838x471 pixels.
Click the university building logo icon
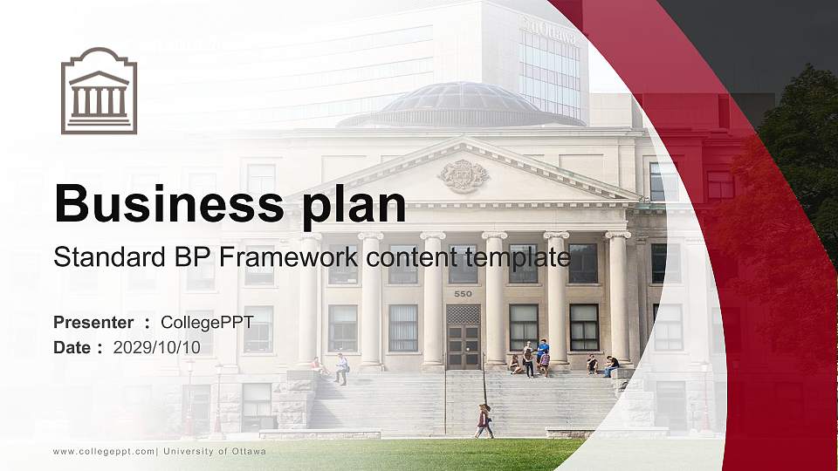(99, 91)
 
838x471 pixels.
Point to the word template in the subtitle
(514, 257)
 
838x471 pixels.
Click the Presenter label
(93, 323)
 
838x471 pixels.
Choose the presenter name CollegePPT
(207, 323)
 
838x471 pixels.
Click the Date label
(72, 347)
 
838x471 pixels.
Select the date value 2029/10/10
(156, 347)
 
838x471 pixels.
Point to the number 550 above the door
(463, 294)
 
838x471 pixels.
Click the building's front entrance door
(463, 337)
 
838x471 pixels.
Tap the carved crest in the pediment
(463, 175)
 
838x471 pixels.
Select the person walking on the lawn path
(483, 421)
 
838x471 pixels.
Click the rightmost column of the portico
(617, 297)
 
